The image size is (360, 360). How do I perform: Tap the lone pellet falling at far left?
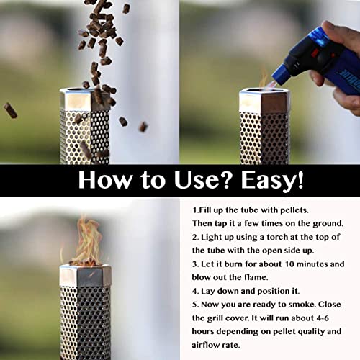[x=10, y=109]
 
